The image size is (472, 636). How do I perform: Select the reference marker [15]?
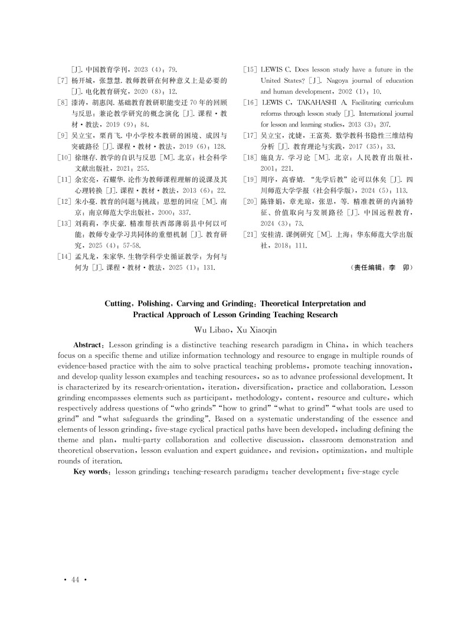(250, 70)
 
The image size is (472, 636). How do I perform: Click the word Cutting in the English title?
(121, 304)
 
